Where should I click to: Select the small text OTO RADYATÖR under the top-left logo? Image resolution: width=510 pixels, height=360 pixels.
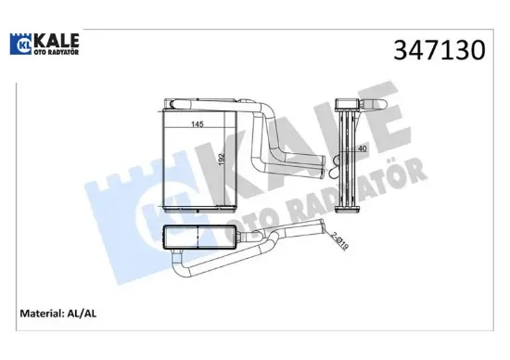click(x=55, y=53)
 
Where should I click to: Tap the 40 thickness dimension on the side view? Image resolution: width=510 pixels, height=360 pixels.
click(x=362, y=148)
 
